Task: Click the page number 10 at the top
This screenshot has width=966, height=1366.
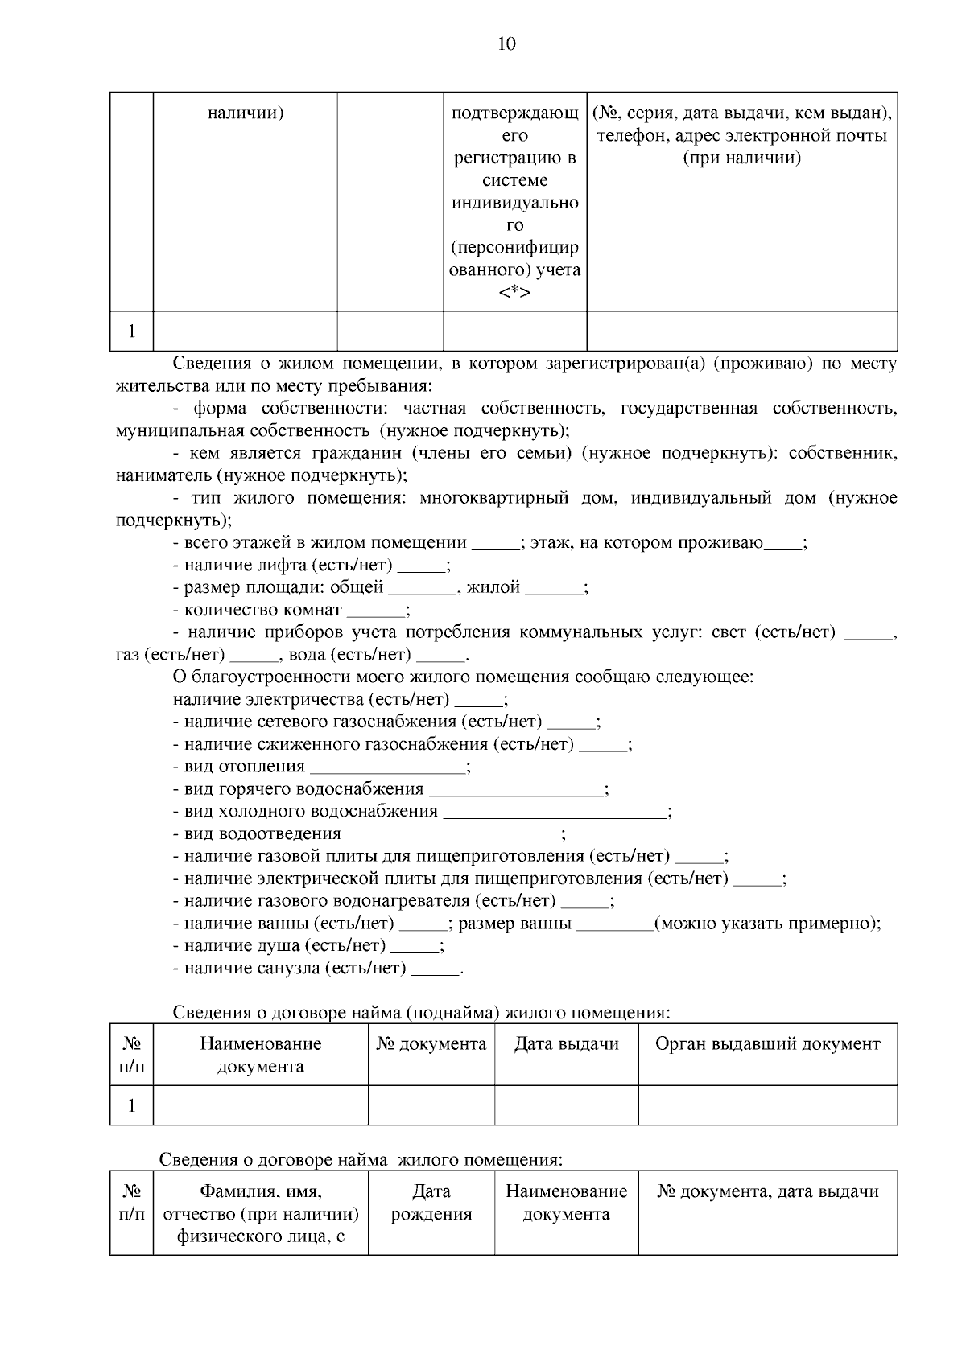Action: (506, 43)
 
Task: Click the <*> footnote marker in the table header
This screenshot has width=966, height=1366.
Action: (514, 293)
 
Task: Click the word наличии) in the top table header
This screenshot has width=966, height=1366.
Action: (245, 113)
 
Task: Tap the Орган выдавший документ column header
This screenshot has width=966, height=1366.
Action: (767, 1044)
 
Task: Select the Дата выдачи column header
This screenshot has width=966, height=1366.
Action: (566, 1044)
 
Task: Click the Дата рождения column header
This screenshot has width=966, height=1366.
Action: (431, 1203)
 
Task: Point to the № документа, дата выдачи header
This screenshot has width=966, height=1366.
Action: (767, 1192)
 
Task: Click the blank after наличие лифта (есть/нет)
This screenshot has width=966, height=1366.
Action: (422, 566)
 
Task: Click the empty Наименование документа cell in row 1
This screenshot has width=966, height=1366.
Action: (260, 1105)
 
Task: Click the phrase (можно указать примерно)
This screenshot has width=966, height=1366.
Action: (766, 924)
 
